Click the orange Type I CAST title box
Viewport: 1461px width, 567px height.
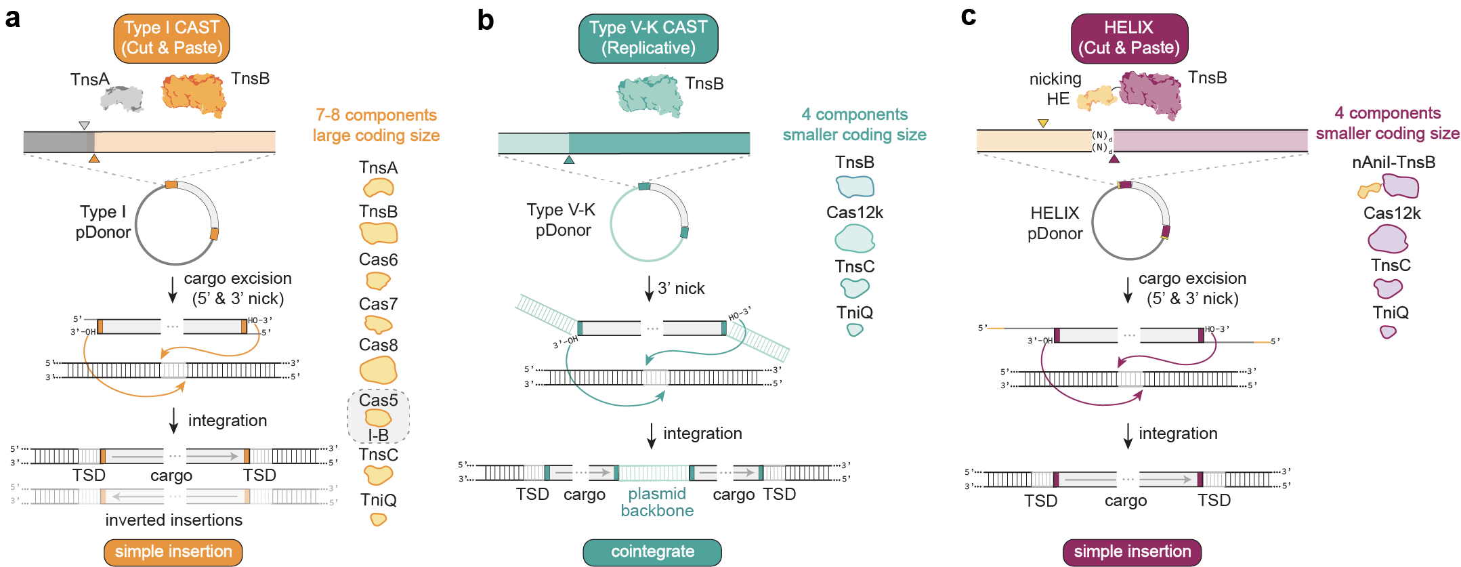click(171, 38)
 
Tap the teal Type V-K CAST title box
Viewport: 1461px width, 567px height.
click(648, 38)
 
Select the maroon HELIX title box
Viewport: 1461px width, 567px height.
click(1129, 38)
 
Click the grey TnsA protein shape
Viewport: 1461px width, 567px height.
click(122, 99)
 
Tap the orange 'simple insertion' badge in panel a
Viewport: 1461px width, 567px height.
click(173, 551)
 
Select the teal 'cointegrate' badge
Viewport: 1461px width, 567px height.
click(652, 551)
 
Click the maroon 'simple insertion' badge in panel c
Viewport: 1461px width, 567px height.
click(1132, 551)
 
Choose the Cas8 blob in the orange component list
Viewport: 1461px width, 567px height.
click(378, 371)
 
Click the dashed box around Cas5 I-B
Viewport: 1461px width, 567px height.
click(378, 416)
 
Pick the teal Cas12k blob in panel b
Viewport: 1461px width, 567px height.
click(854, 238)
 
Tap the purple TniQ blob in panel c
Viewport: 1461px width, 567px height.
click(1388, 332)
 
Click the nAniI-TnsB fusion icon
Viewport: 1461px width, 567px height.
click(1389, 186)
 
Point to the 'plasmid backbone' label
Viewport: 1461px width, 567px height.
click(657, 502)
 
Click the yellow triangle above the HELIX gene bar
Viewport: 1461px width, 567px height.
click(1043, 123)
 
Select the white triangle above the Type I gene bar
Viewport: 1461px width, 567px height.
click(84, 125)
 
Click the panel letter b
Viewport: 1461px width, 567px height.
click(485, 20)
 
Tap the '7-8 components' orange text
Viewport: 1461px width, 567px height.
click(376, 115)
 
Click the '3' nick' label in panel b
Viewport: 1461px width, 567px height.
click(681, 289)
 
